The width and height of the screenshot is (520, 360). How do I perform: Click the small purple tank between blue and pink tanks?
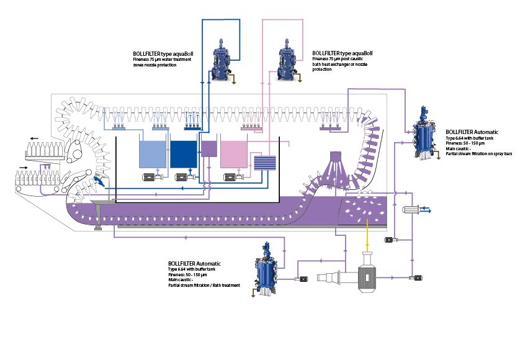coord(209,148)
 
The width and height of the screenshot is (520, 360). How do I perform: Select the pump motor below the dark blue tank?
coord(184,178)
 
